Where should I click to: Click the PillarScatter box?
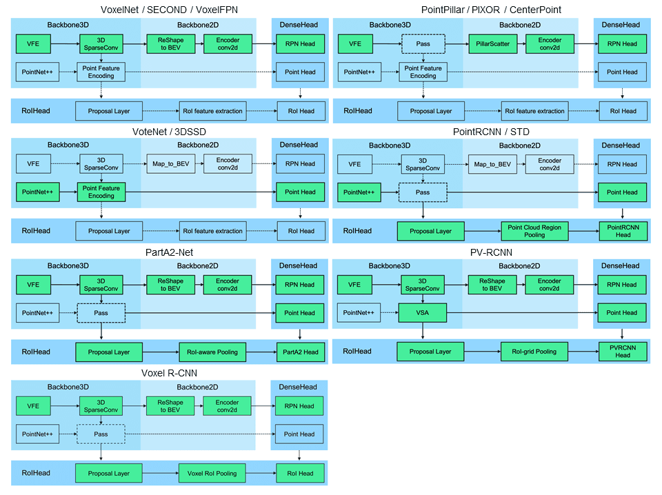[492, 44]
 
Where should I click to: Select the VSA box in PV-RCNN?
[422, 313]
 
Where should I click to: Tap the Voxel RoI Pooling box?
[212, 473]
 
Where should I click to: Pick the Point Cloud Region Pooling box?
[534, 231]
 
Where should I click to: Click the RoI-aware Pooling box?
[212, 352]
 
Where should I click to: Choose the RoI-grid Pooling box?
[534, 352]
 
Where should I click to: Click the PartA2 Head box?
[301, 352]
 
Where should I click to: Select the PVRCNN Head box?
[623, 352]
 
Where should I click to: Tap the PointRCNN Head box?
[623, 231]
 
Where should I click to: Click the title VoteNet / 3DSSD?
[170, 132]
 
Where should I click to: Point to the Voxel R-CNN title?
[170, 373]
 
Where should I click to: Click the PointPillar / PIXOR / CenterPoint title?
[492, 10]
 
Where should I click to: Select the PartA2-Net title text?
[170, 252]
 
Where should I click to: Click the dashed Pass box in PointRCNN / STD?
[423, 192]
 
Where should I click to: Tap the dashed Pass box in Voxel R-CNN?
[101, 434]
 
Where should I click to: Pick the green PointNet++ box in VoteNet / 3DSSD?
[37, 192]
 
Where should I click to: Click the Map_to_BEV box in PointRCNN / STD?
[492, 164]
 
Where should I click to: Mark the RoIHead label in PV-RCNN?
[357, 351]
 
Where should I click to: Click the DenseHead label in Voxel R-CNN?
[298, 387]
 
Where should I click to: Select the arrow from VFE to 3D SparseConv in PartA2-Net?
[65, 285]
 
